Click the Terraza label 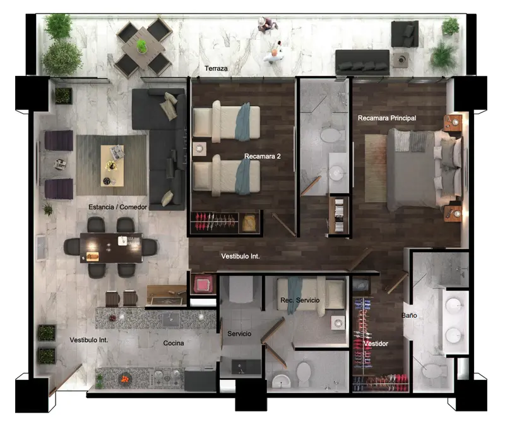tap(216, 68)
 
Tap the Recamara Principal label tap(387, 118)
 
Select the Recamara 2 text tap(262, 156)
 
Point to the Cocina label tap(174, 343)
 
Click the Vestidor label tap(376, 344)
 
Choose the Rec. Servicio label tap(300, 300)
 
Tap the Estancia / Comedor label tap(117, 207)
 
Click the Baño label tap(409, 315)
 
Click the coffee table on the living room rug tap(112, 166)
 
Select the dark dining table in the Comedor tap(111, 247)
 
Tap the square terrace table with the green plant tap(143, 48)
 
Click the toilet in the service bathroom tap(303, 374)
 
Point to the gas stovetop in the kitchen tap(167, 378)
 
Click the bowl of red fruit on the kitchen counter tap(125, 378)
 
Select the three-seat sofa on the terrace tap(362, 62)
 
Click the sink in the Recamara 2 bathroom tap(337, 173)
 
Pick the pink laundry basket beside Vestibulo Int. tap(203, 284)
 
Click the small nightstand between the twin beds tap(199, 149)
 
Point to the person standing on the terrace tap(267, 25)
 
